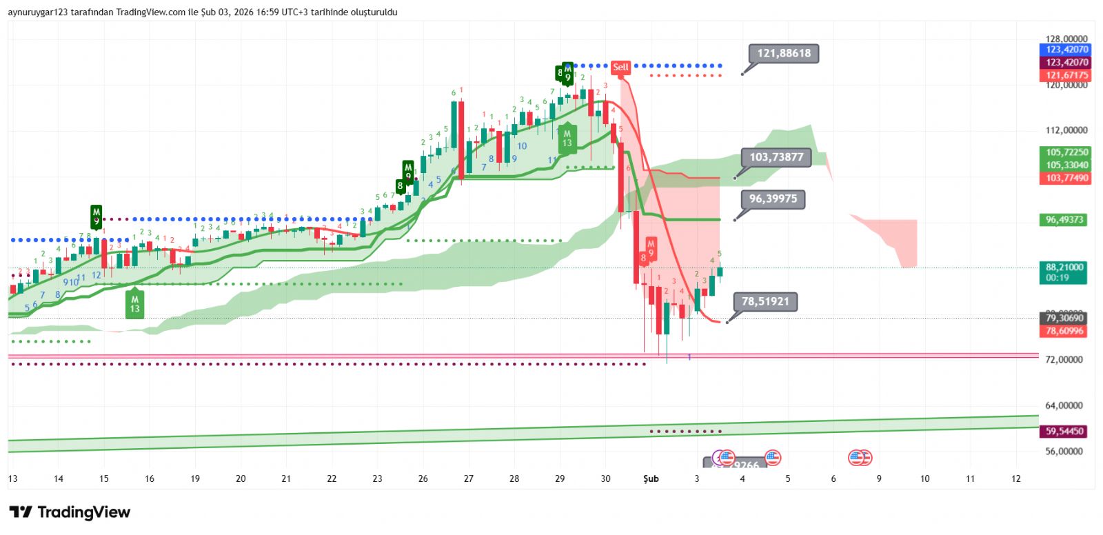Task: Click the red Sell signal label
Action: click(x=620, y=67)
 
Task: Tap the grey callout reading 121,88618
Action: click(x=784, y=54)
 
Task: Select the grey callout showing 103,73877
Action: click(x=776, y=157)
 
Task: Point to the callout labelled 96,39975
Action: click(x=773, y=199)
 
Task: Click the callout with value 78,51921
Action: click(x=765, y=301)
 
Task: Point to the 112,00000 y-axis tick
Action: click(x=1066, y=130)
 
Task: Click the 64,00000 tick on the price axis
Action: click(x=1066, y=405)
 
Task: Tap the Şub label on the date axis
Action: click(x=651, y=478)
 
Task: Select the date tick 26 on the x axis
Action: click(x=423, y=478)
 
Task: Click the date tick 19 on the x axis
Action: click(x=195, y=478)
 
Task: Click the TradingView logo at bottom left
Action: click(x=70, y=512)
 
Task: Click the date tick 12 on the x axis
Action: click(x=1015, y=478)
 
